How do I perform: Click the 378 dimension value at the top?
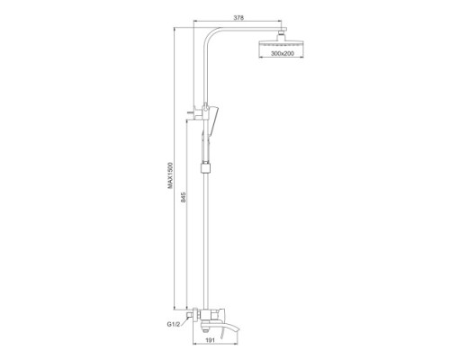pyautogui.click(x=238, y=17)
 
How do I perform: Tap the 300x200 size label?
pyautogui.click(x=283, y=53)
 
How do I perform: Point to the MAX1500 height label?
pyautogui.click(x=170, y=175)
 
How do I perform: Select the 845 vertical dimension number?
pyautogui.click(x=184, y=197)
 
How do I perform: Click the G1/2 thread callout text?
pyautogui.click(x=173, y=324)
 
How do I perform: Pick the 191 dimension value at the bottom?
pyautogui.click(x=211, y=340)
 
